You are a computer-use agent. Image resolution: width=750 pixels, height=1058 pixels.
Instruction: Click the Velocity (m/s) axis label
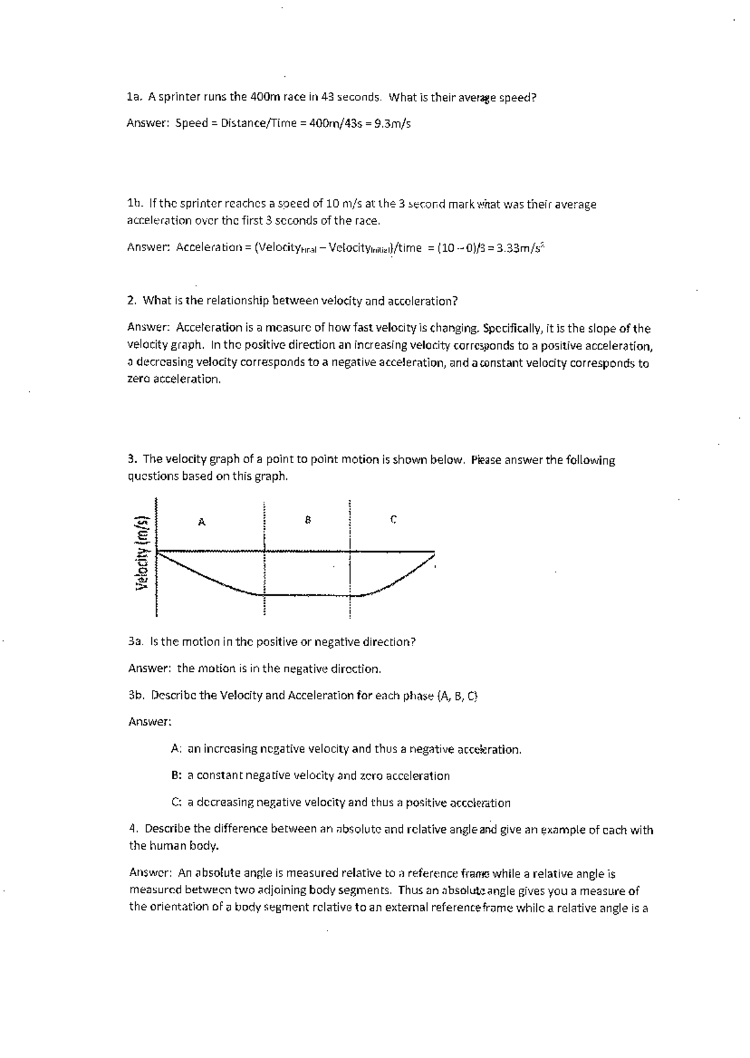tap(142, 552)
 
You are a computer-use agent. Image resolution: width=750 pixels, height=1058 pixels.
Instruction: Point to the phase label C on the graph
tap(393, 519)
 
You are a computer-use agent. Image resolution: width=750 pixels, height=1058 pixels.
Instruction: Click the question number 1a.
tap(133, 97)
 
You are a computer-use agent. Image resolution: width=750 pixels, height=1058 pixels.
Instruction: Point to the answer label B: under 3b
tap(176, 776)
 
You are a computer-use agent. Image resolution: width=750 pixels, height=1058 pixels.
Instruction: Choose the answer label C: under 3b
tap(176, 802)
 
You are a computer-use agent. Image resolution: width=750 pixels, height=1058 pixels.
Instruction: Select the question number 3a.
tap(136, 642)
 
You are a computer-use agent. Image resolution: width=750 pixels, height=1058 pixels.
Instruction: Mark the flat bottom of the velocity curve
tap(306, 594)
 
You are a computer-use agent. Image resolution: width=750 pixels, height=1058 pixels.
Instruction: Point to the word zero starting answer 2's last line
tap(138, 379)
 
